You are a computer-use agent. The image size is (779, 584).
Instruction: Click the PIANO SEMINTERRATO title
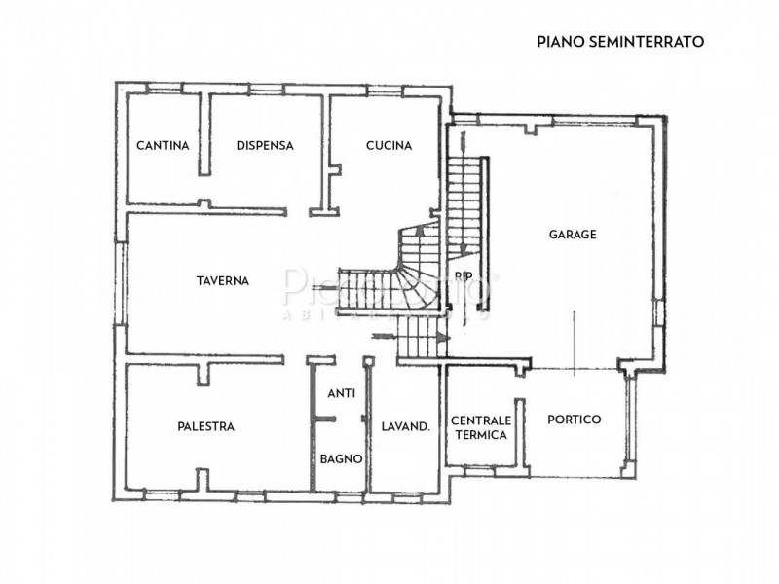[620, 42]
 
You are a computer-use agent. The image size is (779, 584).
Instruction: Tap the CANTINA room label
[162, 146]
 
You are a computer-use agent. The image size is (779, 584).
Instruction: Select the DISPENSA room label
[265, 146]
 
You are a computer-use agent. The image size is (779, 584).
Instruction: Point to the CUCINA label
[389, 146]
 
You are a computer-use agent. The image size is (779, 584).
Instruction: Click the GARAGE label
[572, 235]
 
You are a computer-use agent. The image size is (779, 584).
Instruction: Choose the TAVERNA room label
[222, 280]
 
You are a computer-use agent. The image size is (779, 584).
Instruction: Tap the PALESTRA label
[205, 426]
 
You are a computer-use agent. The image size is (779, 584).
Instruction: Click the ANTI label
[341, 394]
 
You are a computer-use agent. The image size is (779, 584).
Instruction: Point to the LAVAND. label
[406, 426]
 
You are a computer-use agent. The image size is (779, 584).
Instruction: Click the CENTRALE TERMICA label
[479, 427]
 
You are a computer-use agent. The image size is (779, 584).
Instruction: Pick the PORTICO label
[574, 420]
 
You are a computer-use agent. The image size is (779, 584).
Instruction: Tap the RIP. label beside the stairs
[463, 275]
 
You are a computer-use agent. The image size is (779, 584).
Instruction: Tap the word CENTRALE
[479, 420]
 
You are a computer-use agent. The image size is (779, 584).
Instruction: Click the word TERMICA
[479, 435]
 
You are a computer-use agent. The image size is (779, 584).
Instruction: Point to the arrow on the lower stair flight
[440, 337]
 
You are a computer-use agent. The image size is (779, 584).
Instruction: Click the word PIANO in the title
[556, 42]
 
